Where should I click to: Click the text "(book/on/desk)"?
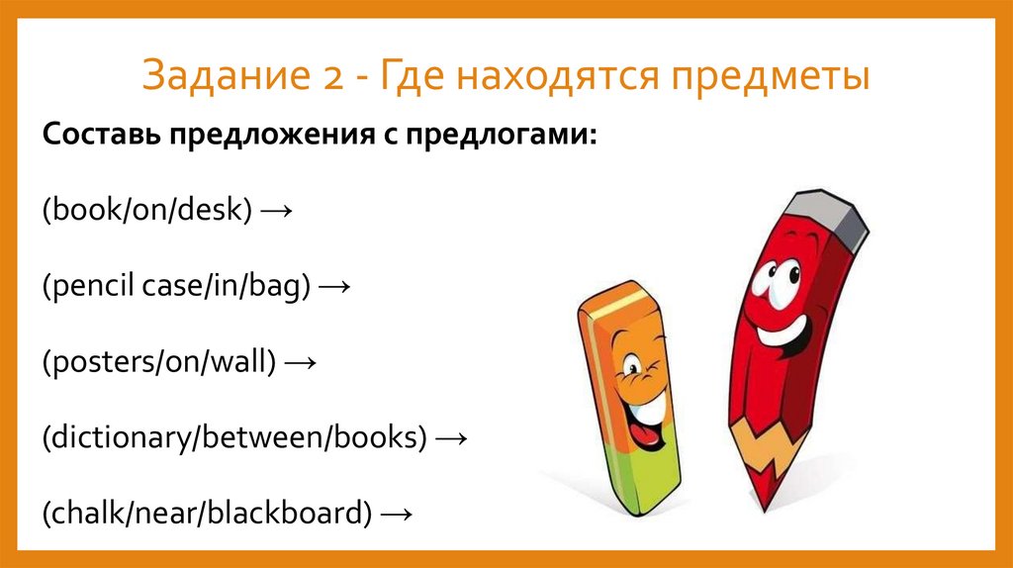click(147, 210)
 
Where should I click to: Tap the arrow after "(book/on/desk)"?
click(278, 211)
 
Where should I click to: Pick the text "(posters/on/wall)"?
click(158, 363)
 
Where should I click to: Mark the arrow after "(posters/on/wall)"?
click(299, 363)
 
